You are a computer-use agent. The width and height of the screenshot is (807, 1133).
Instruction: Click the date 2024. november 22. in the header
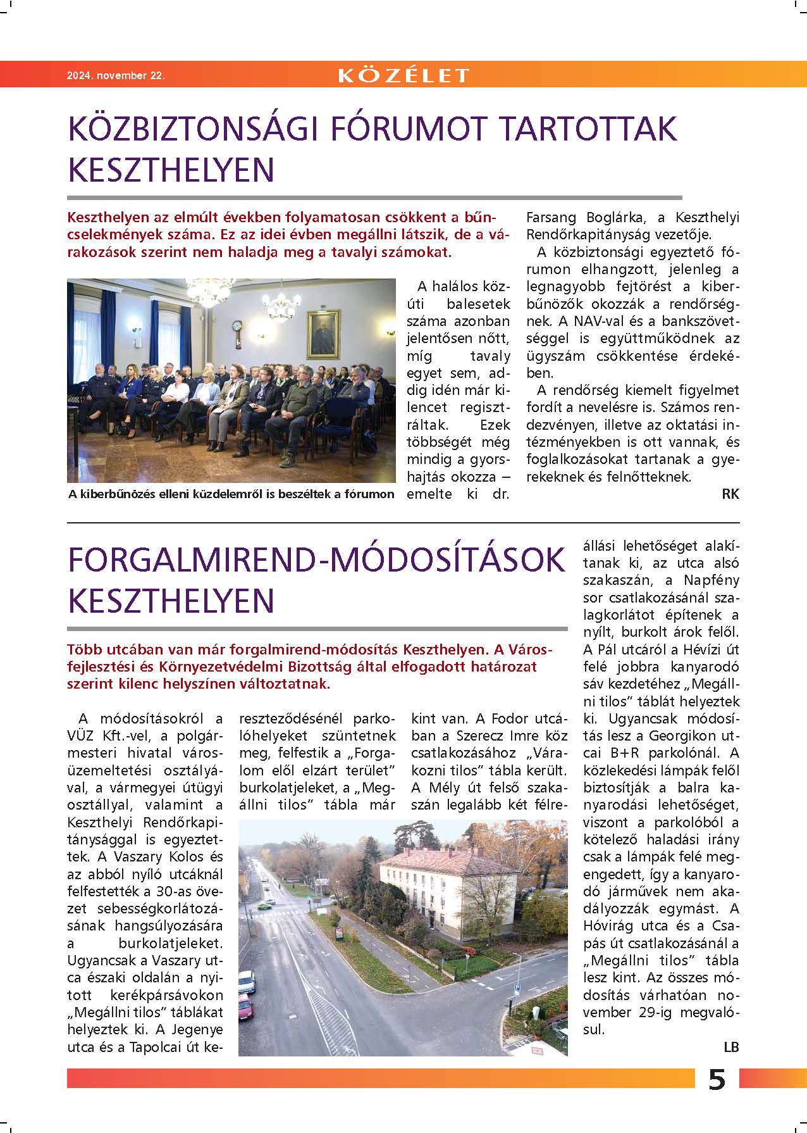click(x=116, y=75)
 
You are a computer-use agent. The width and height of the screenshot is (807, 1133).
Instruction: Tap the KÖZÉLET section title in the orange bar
click(x=403, y=75)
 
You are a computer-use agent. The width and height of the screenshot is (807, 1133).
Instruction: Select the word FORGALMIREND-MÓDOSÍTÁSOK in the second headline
click(x=316, y=560)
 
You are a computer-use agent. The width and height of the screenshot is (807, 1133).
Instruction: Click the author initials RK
click(x=730, y=494)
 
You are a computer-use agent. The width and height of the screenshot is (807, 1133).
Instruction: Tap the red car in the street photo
click(x=245, y=1004)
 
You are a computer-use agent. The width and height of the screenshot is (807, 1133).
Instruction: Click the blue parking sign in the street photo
click(x=518, y=987)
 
